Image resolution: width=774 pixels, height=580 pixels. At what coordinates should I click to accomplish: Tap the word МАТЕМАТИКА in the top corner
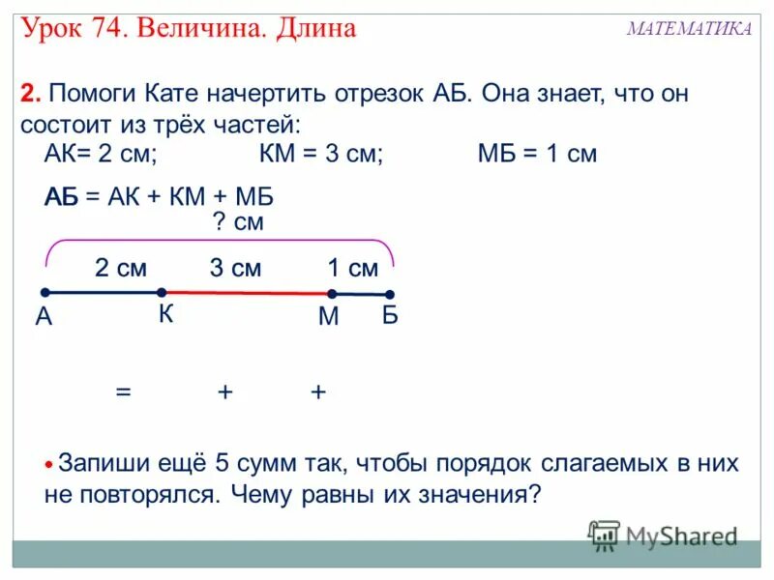688,29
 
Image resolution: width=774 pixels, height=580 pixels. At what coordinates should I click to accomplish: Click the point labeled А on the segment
45,292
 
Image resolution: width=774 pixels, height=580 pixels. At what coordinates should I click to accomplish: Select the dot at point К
162,292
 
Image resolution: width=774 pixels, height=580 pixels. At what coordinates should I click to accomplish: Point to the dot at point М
331,293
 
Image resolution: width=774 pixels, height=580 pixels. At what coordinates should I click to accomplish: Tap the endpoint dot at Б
390,294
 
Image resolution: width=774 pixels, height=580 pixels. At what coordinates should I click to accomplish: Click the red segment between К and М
247,292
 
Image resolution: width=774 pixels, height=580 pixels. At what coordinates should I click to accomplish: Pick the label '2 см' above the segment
120,268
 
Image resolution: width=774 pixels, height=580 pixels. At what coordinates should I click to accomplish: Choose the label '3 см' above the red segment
235,268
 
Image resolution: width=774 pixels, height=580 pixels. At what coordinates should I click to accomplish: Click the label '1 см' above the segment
351,268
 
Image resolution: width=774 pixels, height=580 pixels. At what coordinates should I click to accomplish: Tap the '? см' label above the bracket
237,222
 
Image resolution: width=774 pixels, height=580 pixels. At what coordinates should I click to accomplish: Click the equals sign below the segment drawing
123,391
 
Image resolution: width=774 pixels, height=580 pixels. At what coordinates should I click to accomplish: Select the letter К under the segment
167,314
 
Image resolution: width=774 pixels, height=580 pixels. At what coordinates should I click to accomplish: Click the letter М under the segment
328,316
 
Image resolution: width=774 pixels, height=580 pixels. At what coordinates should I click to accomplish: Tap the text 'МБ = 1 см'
537,155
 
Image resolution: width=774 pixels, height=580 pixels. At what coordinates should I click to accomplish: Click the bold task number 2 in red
30,95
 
